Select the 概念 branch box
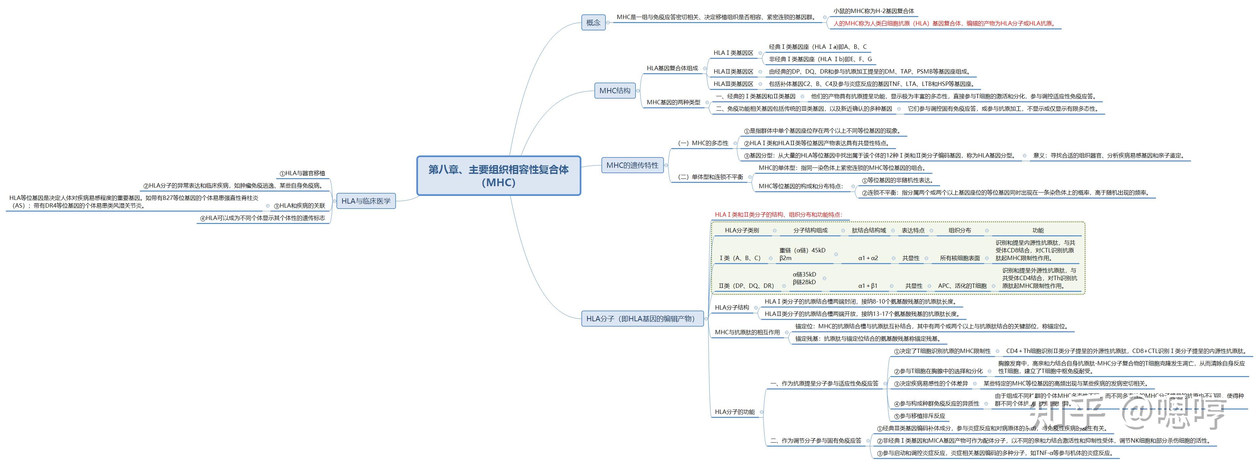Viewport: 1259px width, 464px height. (x=593, y=22)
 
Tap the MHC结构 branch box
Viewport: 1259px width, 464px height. (x=615, y=91)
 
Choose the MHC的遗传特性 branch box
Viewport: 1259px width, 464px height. (x=632, y=165)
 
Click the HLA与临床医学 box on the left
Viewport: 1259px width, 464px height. (x=366, y=201)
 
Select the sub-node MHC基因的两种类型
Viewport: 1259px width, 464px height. (x=674, y=102)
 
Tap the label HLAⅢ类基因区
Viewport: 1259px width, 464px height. (x=733, y=84)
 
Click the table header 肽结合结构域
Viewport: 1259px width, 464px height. (x=868, y=230)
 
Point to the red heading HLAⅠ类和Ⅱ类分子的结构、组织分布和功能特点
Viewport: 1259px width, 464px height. (x=779, y=215)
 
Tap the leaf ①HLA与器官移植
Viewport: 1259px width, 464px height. (x=302, y=173)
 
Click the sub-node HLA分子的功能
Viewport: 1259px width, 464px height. (x=734, y=412)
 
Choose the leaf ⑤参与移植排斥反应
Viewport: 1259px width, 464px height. (x=919, y=416)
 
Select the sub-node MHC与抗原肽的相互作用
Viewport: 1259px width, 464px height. (x=747, y=333)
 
